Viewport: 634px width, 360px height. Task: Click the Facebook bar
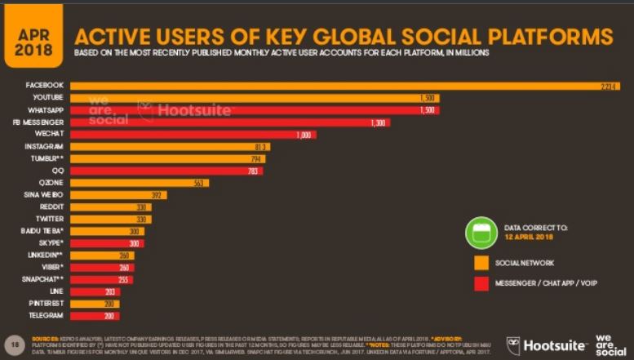tap(343, 86)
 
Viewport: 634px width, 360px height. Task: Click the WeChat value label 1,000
tap(304, 135)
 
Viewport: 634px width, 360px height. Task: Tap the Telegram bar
tap(94, 316)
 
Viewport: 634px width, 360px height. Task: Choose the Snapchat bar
tap(102, 279)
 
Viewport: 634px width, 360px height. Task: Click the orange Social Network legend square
tap(481, 263)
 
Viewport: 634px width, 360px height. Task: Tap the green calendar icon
tap(481, 232)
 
